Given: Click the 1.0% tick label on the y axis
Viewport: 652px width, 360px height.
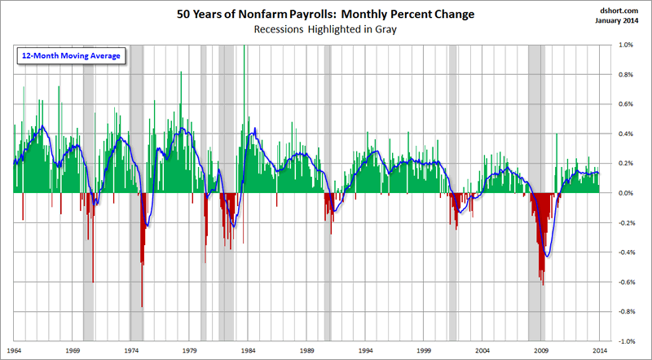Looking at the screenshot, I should click(624, 46).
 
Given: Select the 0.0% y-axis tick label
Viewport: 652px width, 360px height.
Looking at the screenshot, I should click(624, 193).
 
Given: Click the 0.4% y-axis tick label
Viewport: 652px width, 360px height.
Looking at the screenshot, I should click(624, 134).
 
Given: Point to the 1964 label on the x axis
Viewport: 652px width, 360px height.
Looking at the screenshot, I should click(14, 351).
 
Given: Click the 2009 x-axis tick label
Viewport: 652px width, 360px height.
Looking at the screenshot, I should click(541, 351).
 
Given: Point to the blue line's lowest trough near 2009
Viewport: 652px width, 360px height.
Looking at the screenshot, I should click(546, 256).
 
